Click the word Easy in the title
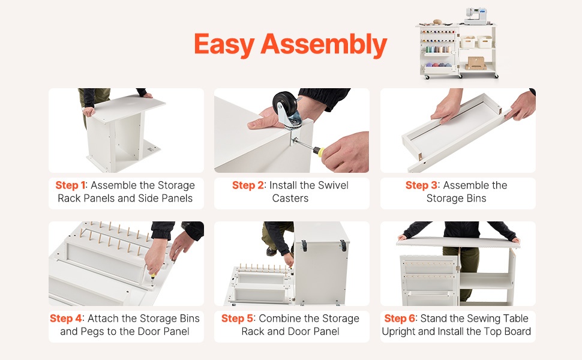[x=224, y=44]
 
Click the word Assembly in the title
[x=324, y=44]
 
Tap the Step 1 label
[x=71, y=185]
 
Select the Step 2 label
[x=248, y=185]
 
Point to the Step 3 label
[x=422, y=185]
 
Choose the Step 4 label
[x=65, y=319]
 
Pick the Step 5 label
[x=238, y=319]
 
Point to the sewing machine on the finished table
[x=475, y=16]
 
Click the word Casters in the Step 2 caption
[x=290, y=198]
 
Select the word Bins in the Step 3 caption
[x=476, y=198]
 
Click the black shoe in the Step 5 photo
[x=271, y=251]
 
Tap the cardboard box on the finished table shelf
[x=476, y=63]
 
